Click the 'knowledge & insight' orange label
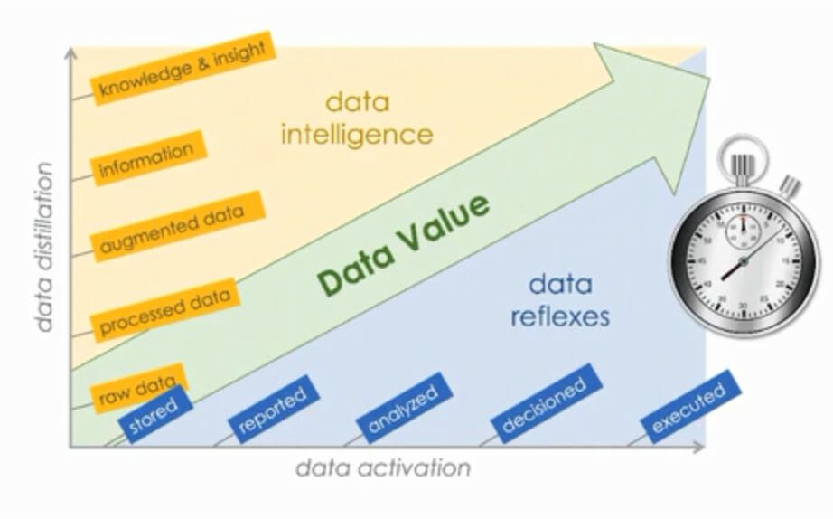(x=183, y=69)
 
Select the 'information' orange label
(x=147, y=157)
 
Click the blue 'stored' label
(x=154, y=415)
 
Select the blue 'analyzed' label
(x=403, y=404)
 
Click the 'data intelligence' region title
(x=357, y=118)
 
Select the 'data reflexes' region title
(x=559, y=301)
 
